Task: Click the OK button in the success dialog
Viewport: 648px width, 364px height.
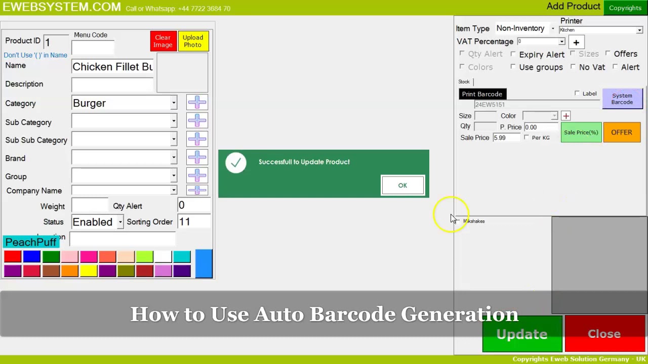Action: (x=402, y=186)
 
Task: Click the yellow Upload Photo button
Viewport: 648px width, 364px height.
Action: (x=193, y=41)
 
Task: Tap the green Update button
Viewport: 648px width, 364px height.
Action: (x=522, y=334)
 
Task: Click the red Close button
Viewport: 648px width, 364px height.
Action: (x=604, y=334)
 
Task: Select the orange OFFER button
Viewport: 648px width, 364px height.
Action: (x=622, y=132)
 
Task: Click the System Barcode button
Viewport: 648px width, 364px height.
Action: (x=622, y=99)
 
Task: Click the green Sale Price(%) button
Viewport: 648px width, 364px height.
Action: (x=581, y=132)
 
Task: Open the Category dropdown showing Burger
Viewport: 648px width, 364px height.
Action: (x=174, y=103)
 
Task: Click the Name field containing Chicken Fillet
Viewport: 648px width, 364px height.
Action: (x=112, y=67)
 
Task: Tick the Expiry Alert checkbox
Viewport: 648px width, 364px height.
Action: (x=513, y=54)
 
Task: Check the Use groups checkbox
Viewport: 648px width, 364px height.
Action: (x=513, y=67)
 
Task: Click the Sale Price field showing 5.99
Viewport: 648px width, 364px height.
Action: (x=506, y=138)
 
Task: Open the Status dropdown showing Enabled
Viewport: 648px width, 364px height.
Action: (x=120, y=222)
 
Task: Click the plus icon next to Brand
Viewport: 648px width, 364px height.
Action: (x=197, y=158)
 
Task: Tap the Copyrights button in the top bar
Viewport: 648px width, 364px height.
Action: (x=625, y=8)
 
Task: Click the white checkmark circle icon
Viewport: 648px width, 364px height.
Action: (x=236, y=163)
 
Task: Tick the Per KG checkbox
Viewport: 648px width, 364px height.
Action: (x=527, y=138)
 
